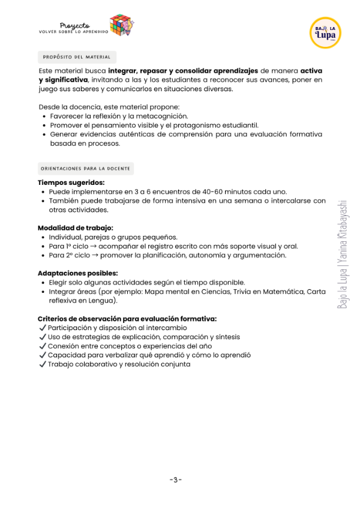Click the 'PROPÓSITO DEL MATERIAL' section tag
77,57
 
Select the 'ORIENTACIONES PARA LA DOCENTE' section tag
86,169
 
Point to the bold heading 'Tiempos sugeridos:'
71,182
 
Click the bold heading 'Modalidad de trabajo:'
75,228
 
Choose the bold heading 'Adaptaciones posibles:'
77,273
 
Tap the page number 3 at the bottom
176,479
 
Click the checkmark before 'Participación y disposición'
42,328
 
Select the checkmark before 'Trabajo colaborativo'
42,364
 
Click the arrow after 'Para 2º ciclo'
94,255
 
